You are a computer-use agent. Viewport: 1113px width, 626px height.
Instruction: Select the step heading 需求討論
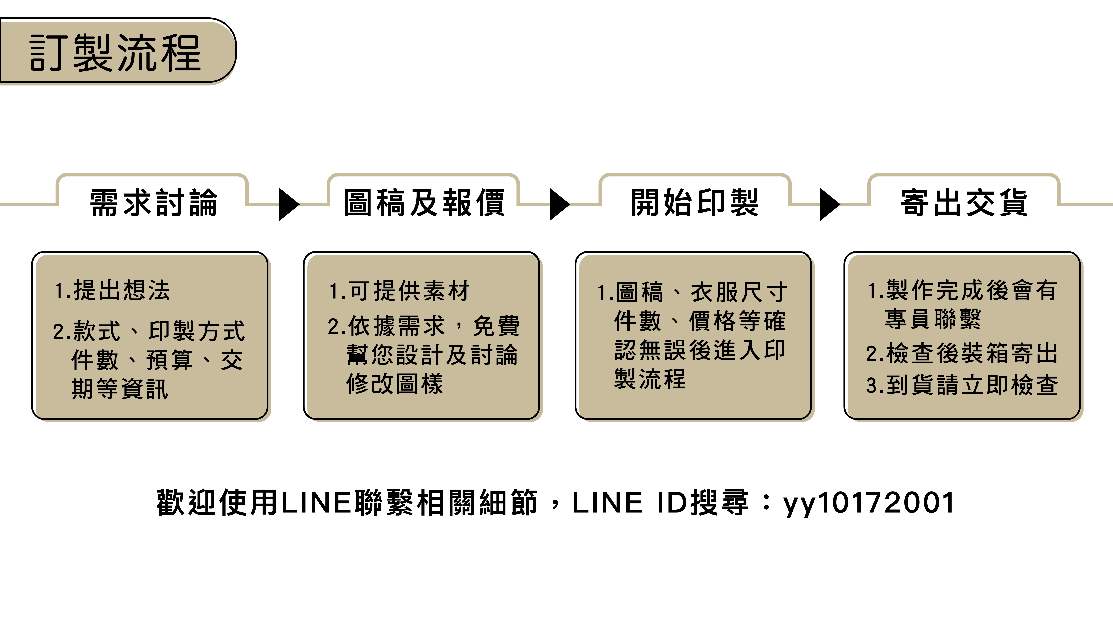(x=153, y=203)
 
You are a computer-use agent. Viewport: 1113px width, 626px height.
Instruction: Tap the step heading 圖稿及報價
(x=424, y=203)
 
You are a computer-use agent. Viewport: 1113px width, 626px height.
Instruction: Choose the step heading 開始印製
(x=694, y=203)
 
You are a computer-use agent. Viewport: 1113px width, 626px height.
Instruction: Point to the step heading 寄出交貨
(x=964, y=203)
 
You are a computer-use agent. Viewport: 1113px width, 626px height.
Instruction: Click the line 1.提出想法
(x=112, y=290)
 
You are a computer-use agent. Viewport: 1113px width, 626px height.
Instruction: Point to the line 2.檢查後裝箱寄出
(x=962, y=353)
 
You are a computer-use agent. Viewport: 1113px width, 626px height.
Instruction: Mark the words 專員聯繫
(x=932, y=319)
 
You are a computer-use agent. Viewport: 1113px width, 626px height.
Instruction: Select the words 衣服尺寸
(x=739, y=292)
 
